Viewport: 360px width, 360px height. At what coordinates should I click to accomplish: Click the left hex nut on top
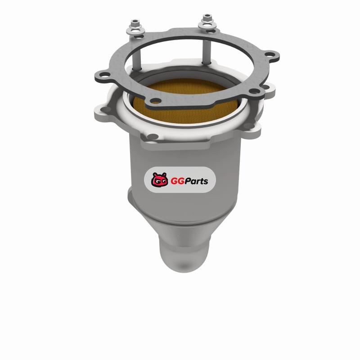click(x=135, y=23)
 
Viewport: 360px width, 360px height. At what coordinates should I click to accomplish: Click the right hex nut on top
click(x=207, y=18)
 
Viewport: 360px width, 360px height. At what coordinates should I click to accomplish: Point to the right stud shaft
click(x=207, y=45)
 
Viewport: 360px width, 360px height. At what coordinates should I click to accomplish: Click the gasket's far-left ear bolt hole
click(x=105, y=74)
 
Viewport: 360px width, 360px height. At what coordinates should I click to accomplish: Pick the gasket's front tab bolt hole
click(x=156, y=100)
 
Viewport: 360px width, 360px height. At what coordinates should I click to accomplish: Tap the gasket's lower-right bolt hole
click(x=254, y=91)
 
